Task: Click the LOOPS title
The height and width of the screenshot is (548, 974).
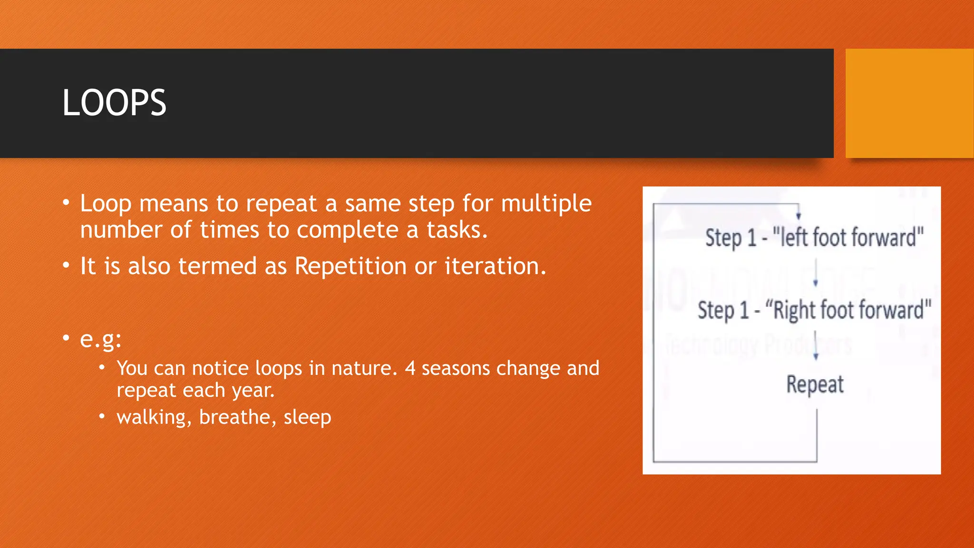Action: [114, 103]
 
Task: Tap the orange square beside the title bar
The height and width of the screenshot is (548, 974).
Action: [909, 103]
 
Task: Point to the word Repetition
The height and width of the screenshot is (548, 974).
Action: [350, 266]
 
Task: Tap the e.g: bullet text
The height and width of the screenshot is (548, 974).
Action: [100, 339]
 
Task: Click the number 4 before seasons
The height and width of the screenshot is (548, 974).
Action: [410, 369]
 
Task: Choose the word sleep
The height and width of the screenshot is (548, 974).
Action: [307, 418]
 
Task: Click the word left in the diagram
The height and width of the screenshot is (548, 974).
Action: [794, 237]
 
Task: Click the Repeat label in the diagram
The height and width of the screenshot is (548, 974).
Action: [815, 384]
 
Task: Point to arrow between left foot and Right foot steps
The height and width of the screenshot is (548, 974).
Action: [816, 273]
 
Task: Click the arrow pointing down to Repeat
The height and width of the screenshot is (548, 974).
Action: [816, 346]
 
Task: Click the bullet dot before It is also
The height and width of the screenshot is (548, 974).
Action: [66, 266]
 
